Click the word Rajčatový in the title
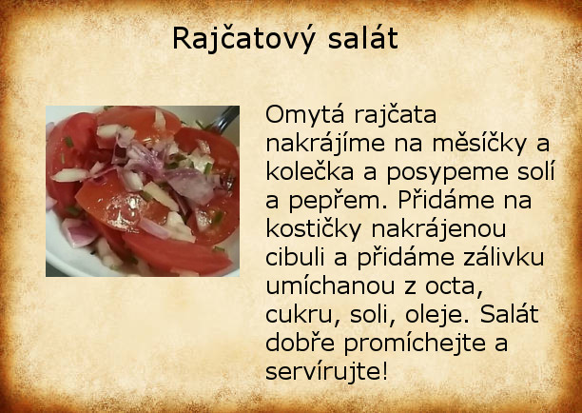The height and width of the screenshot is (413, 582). [x=243, y=39]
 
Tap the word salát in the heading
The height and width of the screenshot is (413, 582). [x=363, y=38]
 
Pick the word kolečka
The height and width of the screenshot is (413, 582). [x=310, y=172]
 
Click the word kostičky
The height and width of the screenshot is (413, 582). [x=313, y=230]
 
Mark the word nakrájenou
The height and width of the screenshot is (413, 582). [x=438, y=230]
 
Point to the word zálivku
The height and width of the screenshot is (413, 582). [x=499, y=257]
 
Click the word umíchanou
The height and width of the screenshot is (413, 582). [x=330, y=286]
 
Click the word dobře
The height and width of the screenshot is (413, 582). [x=301, y=343]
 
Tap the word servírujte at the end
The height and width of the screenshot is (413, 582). [x=326, y=371]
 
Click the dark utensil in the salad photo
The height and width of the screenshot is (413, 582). [x=225, y=118]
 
